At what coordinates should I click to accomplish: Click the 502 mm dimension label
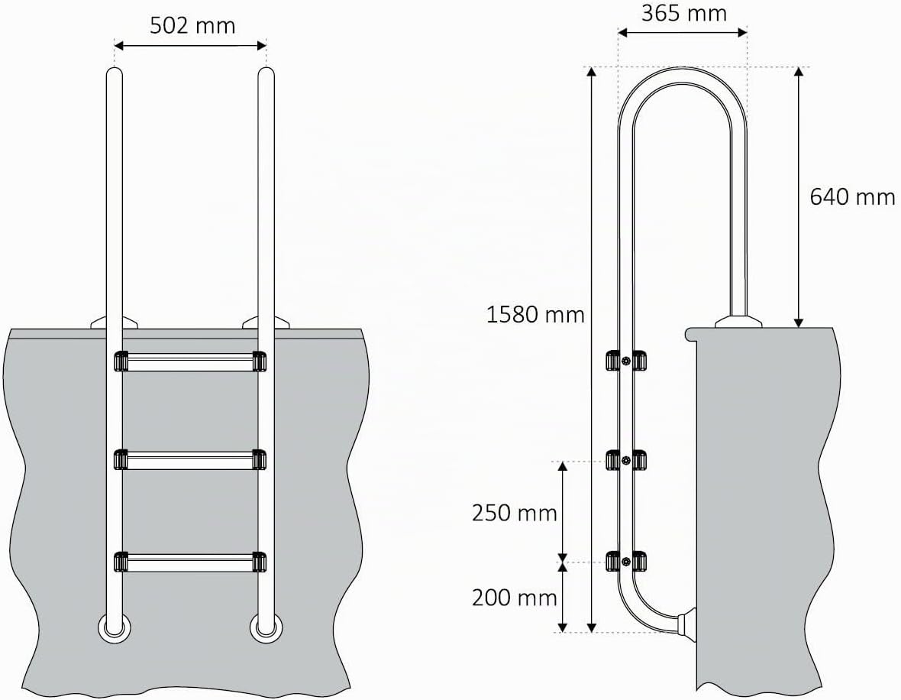(192, 26)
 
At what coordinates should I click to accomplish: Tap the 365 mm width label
(684, 13)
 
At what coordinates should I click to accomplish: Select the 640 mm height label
(852, 196)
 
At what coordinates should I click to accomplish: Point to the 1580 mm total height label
(535, 315)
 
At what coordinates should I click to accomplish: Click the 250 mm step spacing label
(515, 513)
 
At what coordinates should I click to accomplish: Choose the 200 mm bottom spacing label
(515, 598)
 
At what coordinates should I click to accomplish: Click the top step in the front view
(190, 361)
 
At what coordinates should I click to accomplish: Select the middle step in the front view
(190, 460)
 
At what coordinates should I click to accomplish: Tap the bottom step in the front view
(190, 562)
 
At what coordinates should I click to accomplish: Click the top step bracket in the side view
(626, 361)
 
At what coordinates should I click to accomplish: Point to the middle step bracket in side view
(626, 460)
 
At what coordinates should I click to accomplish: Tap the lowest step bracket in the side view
(626, 562)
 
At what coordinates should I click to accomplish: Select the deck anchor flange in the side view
(738, 321)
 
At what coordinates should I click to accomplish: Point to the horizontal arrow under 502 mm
(190, 45)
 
